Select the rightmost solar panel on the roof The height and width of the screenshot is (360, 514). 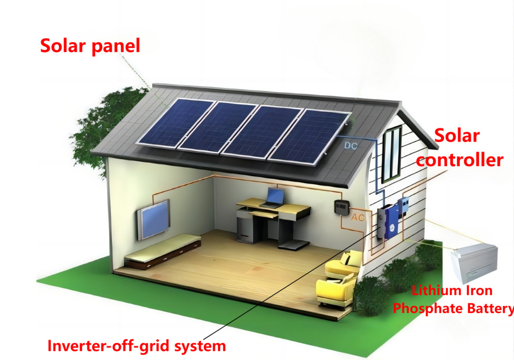tap(309, 136)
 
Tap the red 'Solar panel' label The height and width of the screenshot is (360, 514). tap(90, 46)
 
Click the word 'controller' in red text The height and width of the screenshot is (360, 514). tap(459, 160)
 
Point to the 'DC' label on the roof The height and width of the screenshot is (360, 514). tap(351, 146)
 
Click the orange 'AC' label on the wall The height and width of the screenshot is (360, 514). tap(358, 217)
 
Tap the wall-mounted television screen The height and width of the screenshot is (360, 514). tap(153, 219)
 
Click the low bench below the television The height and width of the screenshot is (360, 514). tap(163, 251)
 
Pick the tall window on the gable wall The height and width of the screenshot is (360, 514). tap(392, 153)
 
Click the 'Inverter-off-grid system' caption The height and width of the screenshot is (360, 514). tap(136, 345)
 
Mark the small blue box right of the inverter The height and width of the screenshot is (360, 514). tap(405, 206)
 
